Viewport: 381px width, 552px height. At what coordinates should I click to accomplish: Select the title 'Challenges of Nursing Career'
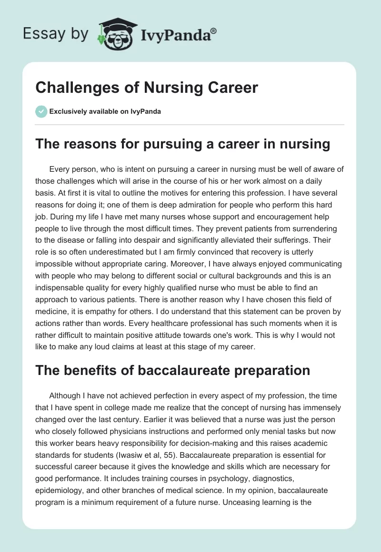click(x=147, y=88)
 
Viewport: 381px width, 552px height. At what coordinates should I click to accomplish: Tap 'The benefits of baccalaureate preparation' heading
click(x=173, y=370)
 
